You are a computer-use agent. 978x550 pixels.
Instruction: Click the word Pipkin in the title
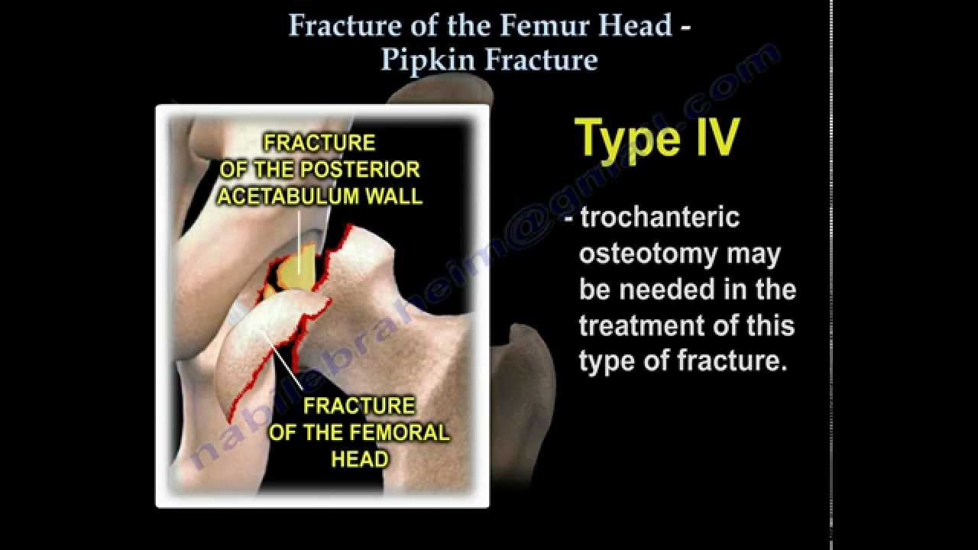pyautogui.click(x=423, y=60)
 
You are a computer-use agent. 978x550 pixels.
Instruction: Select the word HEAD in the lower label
pyautogui.click(x=360, y=459)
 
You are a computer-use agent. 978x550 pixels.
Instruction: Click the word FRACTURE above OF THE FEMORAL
pyautogui.click(x=359, y=406)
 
